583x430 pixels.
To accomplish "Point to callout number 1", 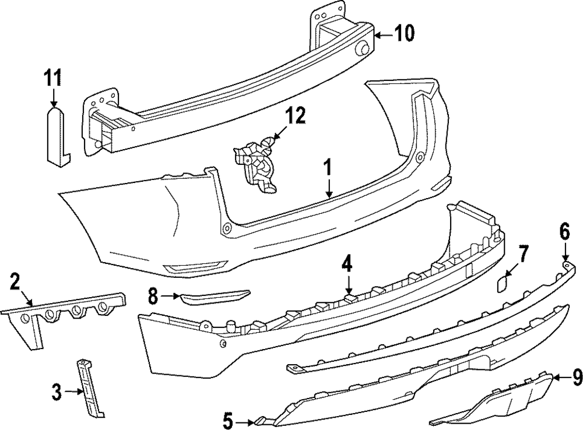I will click(328, 168).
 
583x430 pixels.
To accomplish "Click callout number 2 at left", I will click(16, 283).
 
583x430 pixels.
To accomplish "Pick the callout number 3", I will click(57, 392).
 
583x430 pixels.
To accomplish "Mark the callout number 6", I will click(564, 232).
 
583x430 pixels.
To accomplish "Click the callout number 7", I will click(523, 254).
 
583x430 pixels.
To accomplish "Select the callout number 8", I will click(153, 297).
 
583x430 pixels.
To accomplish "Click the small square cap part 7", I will click(502, 284).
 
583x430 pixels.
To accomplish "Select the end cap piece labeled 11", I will click(56, 134).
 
